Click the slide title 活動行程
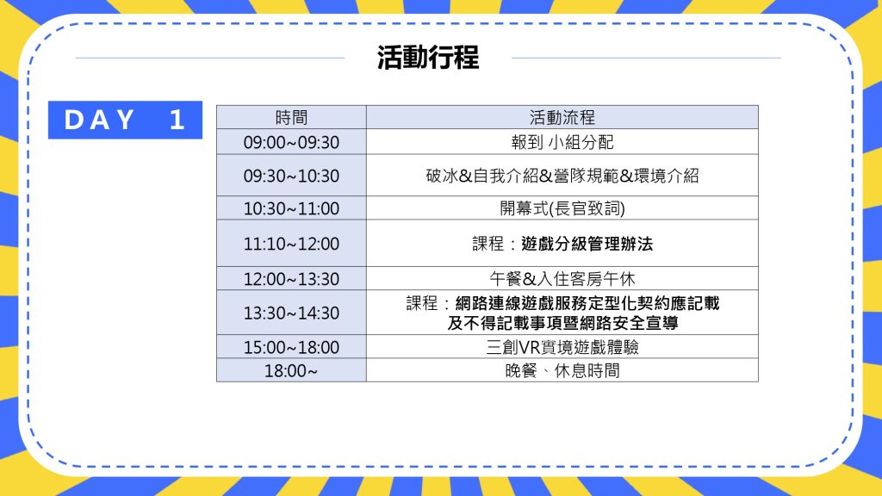tap(428, 58)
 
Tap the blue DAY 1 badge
tap(125, 120)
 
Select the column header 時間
tap(291, 117)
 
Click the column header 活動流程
tap(562, 117)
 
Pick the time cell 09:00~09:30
tap(291, 142)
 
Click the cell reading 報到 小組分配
tap(562, 142)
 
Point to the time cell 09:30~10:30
tap(291, 176)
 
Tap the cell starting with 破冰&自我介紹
tap(562, 176)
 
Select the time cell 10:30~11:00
tap(291, 208)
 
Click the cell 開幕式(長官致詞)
tap(562, 208)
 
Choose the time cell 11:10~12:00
tap(291, 244)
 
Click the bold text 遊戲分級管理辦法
tap(587, 244)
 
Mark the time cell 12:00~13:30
tap(291, 279)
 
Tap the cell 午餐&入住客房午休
tap(562, 279)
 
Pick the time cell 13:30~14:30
tap(291, 313)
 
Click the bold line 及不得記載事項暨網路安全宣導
tap(562, 323)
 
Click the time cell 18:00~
tap(291, 371)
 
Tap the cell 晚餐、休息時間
tap(562, 371)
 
